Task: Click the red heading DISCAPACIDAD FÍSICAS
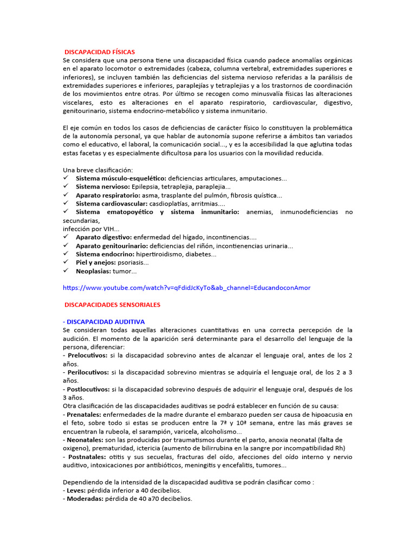click(x=100, y=51)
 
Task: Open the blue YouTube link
click(x=187, y=287)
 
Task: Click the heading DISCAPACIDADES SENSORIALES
click(x=112, y=305)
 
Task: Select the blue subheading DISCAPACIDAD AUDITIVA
click(x=103, y=321)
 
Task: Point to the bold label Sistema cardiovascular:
click(x=112, y=203)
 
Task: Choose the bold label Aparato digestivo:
click(x=103, y=237)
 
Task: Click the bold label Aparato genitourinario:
click(x=111, y=246)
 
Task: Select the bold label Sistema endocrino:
click(x=105, y=254)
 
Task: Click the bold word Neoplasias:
click(x=93, y=270)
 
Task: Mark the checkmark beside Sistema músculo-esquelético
click(x=66, y=178)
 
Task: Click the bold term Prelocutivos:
click(x=87, y=356)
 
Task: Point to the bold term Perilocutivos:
click(x=87, y=372)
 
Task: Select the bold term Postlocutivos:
click(x=88, y=389)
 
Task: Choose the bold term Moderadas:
click(x=84, y=499)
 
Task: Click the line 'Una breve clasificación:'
click(x=97, y=170)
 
